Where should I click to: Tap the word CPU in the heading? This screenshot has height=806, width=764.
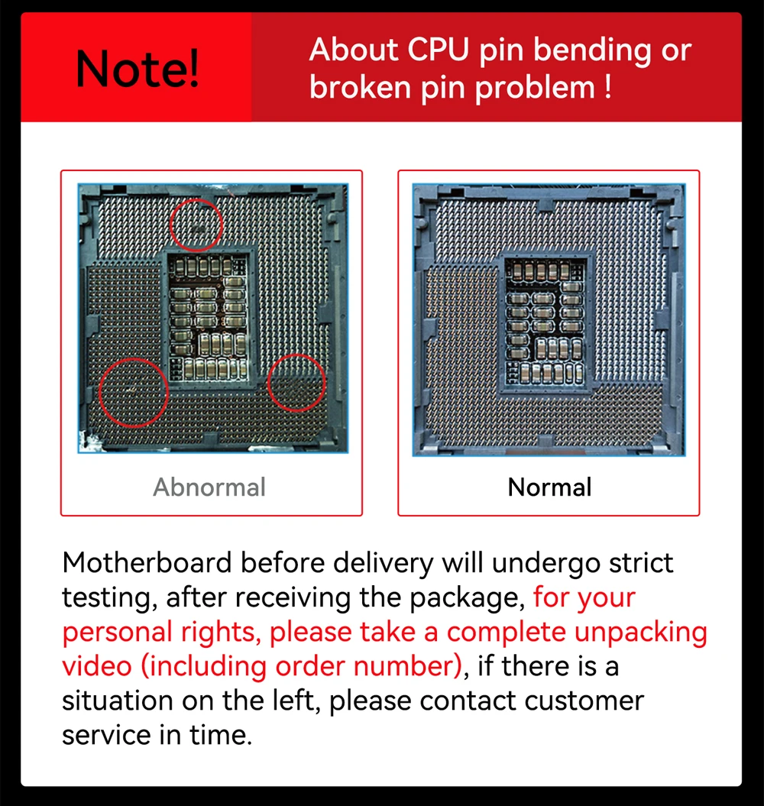pos(438,50)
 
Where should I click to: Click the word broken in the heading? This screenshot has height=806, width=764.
pos(360,87)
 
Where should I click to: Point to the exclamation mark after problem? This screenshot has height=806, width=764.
pos(608,87)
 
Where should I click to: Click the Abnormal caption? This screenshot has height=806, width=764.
pos(209,487)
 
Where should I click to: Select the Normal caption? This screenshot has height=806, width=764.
pos(549,487)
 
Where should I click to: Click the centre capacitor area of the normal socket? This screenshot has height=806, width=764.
pos(545,322)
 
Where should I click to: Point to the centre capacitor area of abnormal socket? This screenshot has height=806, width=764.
pos(209,318)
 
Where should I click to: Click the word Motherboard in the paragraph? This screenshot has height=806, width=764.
pos(147,562)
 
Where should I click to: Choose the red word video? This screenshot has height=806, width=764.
pos(97,666)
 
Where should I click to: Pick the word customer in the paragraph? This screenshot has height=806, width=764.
pos(583,701)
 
